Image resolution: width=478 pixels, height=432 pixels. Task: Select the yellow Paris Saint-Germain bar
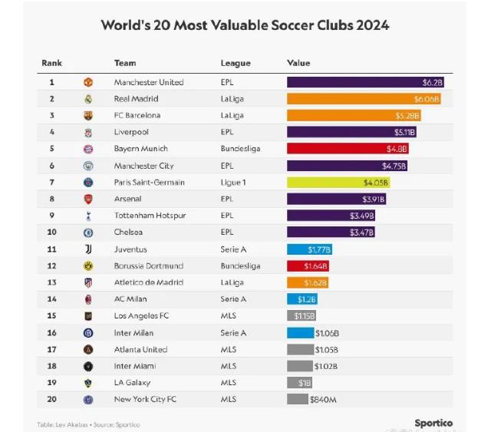tap(338, 183)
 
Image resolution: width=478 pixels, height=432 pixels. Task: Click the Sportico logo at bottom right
tap(433, 423)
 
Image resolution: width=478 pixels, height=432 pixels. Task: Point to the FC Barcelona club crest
tap(88, 116)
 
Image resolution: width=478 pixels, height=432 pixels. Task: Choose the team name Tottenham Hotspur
tap(150, 216)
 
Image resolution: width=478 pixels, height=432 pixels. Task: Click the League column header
tap(236, 63)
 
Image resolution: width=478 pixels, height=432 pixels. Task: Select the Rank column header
tap(51, 63)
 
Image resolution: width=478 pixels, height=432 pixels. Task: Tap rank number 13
tap(52, 282)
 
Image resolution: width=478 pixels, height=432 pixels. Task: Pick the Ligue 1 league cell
tap(234, 183)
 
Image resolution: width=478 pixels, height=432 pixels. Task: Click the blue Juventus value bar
tap(309, 249)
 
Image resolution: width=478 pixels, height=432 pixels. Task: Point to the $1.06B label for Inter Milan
tap(327, 333)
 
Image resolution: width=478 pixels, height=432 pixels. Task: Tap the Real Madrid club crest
tap(88, 99)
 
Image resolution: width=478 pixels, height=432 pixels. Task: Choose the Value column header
tap(298, 63)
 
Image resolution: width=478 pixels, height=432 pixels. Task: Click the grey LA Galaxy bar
tap(299, 383)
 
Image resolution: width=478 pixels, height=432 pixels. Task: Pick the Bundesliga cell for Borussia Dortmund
tap(240, 266)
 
